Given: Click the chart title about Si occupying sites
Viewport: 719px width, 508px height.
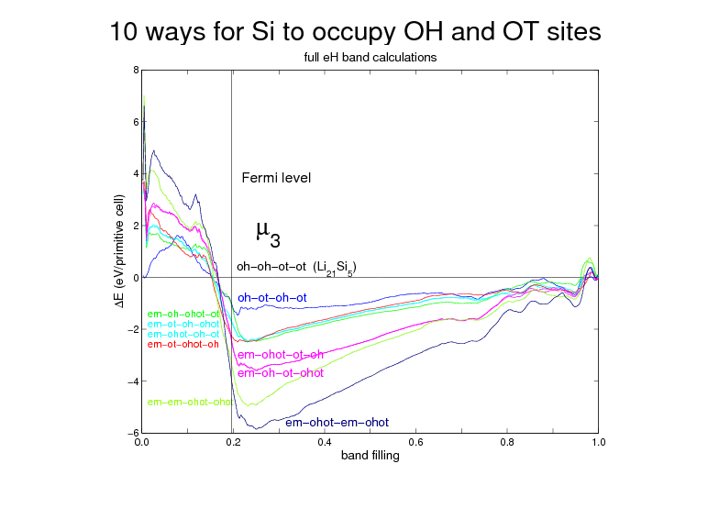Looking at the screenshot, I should tap(356, 31).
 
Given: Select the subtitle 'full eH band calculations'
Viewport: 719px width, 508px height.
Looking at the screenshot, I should tap(370, 57).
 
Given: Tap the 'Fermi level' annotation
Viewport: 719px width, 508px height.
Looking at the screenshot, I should tap(276, 178).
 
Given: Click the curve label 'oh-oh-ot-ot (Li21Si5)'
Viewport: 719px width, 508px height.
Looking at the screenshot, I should tap(296, 267).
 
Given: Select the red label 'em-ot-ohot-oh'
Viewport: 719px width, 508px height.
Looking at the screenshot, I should tap(183, 345).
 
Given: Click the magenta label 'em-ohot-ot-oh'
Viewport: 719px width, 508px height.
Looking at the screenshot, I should tap(281, 355).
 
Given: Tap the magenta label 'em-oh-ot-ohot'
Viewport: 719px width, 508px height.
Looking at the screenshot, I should tap(281, 373).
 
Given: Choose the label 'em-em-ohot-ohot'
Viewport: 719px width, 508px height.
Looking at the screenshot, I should tap(190, 402).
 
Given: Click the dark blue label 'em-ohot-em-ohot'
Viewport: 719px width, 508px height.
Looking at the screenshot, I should tap(337, 423).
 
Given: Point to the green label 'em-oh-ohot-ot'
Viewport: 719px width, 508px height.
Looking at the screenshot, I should tap(183, 315).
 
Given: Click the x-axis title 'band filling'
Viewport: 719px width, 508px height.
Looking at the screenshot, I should tap(370, 455).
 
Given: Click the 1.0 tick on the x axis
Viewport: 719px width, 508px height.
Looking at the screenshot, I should tap(598, 442).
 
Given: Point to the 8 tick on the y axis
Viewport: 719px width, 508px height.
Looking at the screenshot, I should tap(136, 70).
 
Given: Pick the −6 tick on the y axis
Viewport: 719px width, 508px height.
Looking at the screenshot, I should tap(133, 433).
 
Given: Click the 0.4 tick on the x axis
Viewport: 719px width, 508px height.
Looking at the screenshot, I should tap(324, 442).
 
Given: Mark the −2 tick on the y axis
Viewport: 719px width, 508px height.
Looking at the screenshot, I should tap(133, 329).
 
